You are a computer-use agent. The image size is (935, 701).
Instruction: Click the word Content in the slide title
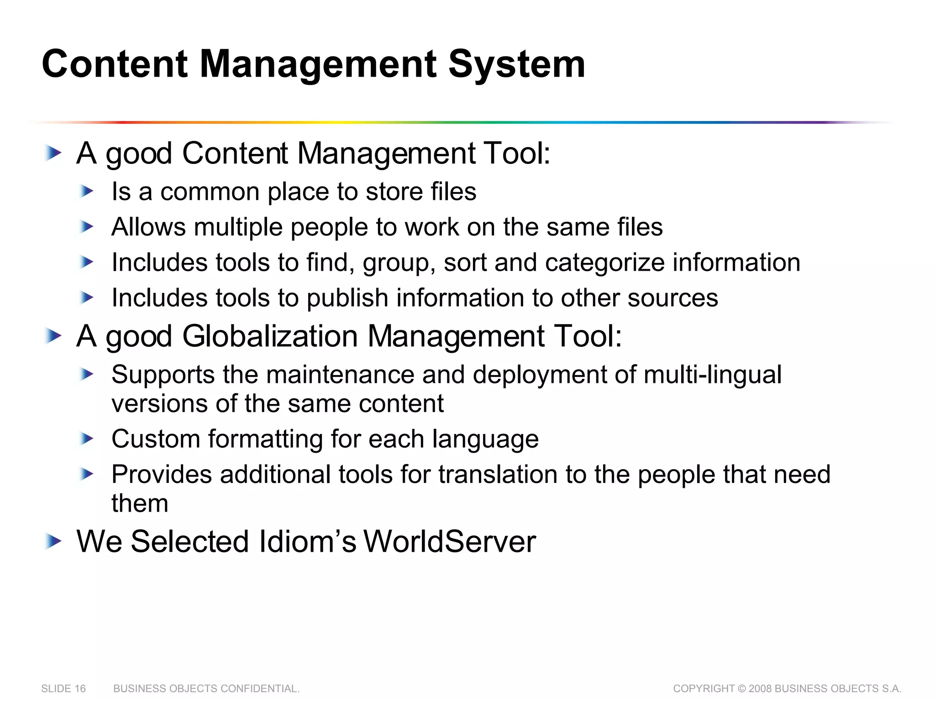point(115,64)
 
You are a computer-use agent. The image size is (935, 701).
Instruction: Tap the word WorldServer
point(449,542)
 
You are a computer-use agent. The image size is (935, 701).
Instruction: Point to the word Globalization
point(270,336)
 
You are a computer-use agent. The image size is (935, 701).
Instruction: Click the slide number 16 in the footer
point(80,689)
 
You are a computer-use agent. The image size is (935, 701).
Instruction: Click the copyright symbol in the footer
point(741,689)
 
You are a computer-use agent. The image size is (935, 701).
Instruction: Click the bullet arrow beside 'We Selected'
point(53,542)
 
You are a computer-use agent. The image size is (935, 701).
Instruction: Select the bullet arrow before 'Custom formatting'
point(86,439)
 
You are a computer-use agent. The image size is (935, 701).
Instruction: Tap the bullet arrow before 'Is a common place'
point(86,192)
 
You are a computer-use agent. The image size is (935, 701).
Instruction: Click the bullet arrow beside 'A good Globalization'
point(53,336)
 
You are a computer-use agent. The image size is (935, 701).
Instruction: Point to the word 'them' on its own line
point(140,504)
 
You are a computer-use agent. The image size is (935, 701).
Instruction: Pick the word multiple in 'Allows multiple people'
point(238,227)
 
